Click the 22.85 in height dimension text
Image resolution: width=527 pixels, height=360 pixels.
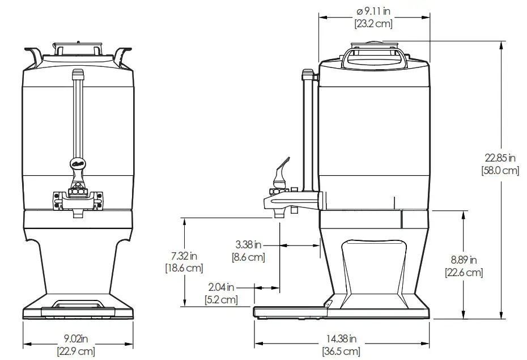tap(499, 158)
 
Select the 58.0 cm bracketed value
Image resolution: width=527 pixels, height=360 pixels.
tap(499, 170)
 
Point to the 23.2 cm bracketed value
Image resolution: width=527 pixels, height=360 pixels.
tap(373, 24)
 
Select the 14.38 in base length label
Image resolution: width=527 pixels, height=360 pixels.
tap(341, 339)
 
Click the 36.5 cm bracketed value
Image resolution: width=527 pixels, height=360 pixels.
tap(341, 351)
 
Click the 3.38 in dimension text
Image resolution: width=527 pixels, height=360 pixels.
tap(248, 245)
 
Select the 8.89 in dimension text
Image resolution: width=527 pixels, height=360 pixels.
tap(464, 260)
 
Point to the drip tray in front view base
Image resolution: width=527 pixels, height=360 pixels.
tap(78, 307)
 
